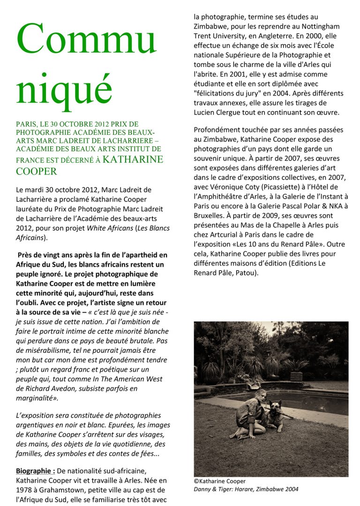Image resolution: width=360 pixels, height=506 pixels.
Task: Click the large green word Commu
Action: pos(87,40)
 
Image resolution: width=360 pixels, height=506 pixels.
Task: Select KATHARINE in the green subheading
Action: pos(133,159)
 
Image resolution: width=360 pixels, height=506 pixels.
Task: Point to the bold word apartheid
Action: pos(140,255)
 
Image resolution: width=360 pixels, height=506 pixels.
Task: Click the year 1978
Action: pos(24,489)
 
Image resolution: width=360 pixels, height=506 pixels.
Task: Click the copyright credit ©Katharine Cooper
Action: pos(219,481)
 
